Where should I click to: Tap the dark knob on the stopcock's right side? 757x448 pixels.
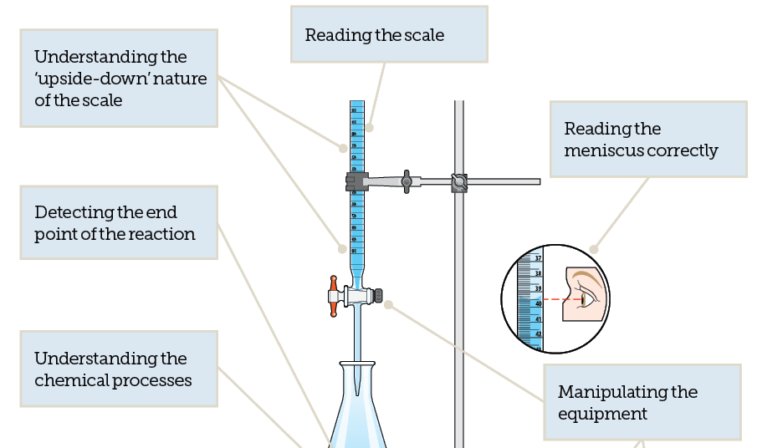click(378, 295)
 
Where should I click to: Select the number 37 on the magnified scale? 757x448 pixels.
click(538, 259)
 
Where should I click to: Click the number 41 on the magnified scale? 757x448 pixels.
click(538, 319)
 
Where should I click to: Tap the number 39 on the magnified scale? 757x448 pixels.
click(538, 288)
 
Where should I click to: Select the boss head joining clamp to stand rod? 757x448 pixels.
click(458, 181)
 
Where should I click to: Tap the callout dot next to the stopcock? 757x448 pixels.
click(388, 304)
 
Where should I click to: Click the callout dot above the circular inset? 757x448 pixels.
click(594, 248)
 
